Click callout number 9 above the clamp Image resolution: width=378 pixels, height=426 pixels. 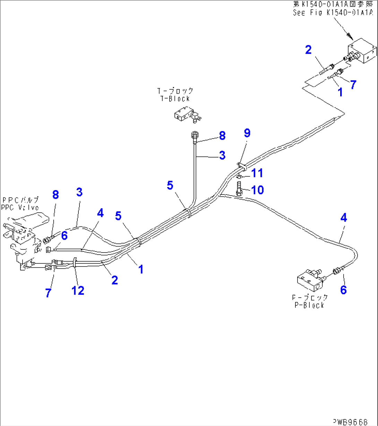(x=247, y=133)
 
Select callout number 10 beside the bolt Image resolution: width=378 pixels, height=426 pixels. (x=257, y=190)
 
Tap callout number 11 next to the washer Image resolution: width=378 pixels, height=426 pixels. (x=257, y=173)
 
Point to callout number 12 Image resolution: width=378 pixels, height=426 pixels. (x=78, y=290)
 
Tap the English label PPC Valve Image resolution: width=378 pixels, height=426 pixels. (x=20, y=207)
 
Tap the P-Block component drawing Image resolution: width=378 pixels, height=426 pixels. (x=310, y=280)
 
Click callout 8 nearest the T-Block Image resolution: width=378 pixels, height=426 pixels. (x=222, y=136)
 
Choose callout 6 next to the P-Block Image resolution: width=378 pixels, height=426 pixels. (x=343, y=289)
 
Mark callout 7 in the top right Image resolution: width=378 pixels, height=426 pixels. (x=353, y=84)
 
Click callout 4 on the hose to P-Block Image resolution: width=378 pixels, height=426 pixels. (x=343, y=218)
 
